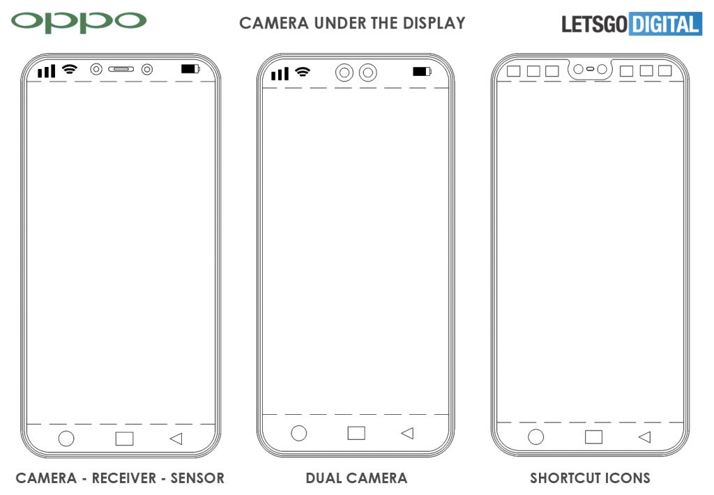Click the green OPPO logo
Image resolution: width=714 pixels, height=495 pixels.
(x=78, y=22)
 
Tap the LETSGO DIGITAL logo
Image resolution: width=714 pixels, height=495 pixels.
(x=632, y=24)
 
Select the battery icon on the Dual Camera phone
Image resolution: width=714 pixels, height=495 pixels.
(x=422, y=72)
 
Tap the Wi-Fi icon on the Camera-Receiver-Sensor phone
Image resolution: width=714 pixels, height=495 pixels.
(x=70, y=69)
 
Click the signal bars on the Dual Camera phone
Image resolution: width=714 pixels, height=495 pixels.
(x=280, y=73)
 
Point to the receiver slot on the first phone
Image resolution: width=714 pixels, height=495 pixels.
(x=121, y=69)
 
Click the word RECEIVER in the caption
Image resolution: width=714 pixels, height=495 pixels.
(x=124, y=478)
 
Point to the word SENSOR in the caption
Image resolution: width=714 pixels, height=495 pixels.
(x=197, y=478)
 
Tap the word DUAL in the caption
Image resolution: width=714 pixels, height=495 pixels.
(x=324, y=478)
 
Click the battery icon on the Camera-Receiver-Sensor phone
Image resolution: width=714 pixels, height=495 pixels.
(x=190, y=69)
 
